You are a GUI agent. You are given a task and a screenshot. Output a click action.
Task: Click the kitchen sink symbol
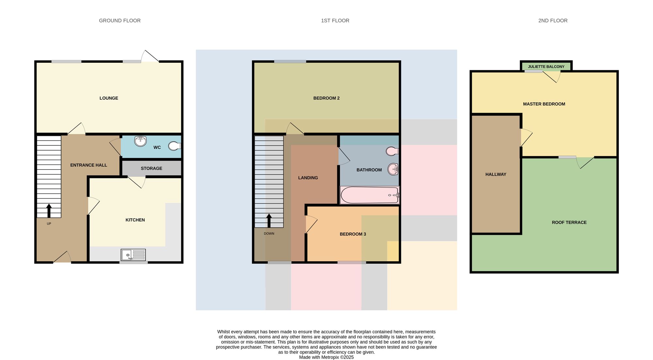click(133, 255)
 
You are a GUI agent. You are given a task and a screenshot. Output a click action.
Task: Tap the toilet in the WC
click(175, 146)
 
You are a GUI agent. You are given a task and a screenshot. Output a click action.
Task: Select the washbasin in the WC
click(140, 141)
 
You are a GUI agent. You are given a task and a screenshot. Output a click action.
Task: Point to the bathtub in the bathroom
click(370, 195)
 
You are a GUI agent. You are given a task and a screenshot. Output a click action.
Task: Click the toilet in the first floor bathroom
click(392, 151)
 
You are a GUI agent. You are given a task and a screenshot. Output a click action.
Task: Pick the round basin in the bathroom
click(393, 169)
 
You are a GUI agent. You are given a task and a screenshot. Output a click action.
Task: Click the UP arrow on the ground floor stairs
click(49, 211)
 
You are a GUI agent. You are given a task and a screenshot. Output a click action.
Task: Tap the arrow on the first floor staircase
click(269, 221)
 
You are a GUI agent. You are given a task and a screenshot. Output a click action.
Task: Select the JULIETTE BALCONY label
click(546, 67)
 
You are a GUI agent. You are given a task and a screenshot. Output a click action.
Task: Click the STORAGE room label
click(151, 168)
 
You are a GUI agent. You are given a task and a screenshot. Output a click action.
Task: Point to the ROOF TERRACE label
click(569, 222)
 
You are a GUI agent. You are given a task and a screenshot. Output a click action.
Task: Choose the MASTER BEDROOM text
click(544, 104)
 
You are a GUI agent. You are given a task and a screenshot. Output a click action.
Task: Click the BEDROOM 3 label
click(353, 234)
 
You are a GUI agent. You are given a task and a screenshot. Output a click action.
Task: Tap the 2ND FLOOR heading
click(553, 21)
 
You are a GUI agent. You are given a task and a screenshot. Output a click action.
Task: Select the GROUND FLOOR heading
click(120, 21)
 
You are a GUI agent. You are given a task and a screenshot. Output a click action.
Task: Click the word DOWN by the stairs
click(269, 234)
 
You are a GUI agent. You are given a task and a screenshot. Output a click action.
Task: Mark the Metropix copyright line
click(326, 357)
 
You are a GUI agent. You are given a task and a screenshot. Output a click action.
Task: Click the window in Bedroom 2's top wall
click(290, 61)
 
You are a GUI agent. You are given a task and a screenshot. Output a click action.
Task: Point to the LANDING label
click(308, 178)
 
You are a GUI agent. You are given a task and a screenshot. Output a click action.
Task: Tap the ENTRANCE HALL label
click(88, 165)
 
